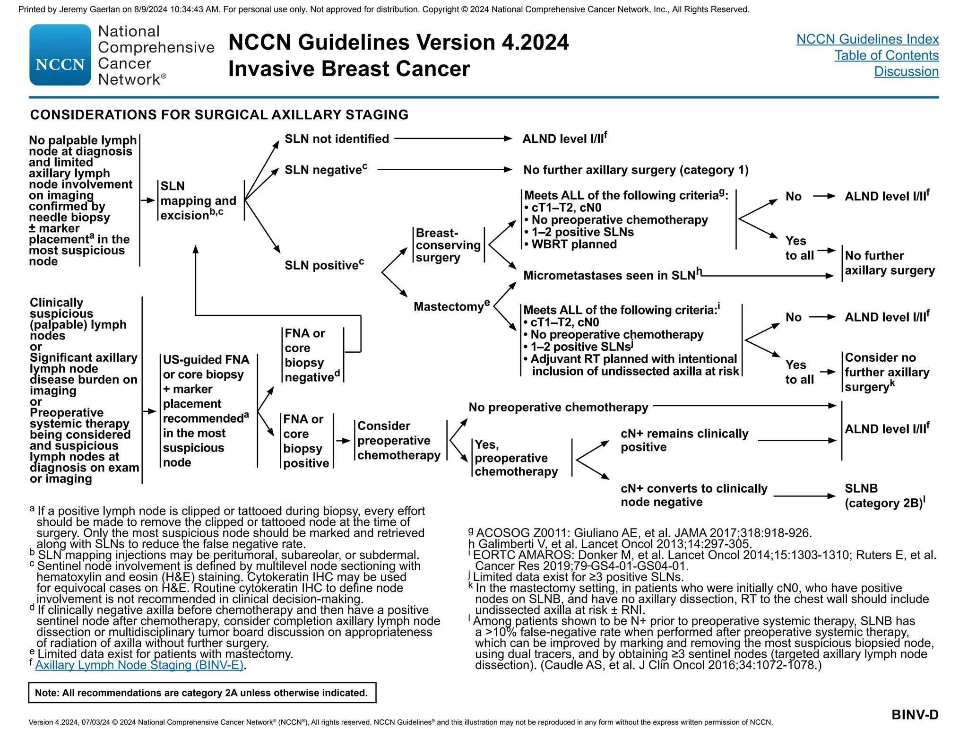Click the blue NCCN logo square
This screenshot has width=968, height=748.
click(60, 55)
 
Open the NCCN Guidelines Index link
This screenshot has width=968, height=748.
click(867, 39)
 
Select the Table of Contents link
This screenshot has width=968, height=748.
click(886, 55)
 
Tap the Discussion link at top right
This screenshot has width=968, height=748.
click(906, 71)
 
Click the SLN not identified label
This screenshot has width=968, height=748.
click(337, 139)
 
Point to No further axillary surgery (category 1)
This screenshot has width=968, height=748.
click(636, 170)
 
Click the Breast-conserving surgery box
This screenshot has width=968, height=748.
click(448, 245)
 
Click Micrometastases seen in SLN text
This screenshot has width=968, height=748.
click(610, 276)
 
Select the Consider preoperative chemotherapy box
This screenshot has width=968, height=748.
click(398, 441)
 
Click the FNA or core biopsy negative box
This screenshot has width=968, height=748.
click(311, 356)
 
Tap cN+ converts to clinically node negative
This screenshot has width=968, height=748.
click(693, 496)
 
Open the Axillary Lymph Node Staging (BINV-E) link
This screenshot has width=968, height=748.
click(139, 665)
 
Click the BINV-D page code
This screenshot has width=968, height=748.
click(915, 715)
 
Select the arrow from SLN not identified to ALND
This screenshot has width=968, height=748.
click(453, 139)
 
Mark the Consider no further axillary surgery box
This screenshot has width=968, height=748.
click(886, 373)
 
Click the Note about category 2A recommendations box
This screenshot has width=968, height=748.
click(202, 693)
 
